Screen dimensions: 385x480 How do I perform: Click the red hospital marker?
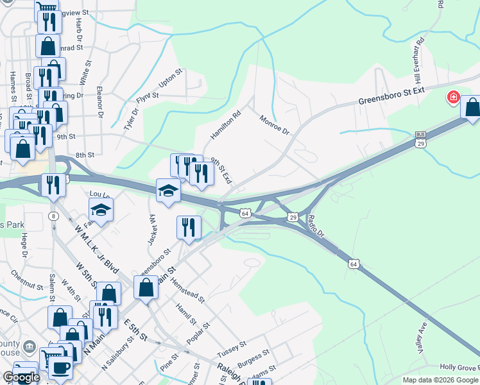tap(454, 98)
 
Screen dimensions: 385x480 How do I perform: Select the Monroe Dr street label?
tap(275, 124)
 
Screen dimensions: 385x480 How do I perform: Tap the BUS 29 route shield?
tap(421, 139)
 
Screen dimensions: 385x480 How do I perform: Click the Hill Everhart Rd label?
tap(420, 62)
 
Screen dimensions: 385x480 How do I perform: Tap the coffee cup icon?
tap(61, 368)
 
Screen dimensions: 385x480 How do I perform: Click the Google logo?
tap(21, 377)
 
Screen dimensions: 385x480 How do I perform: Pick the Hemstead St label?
tap(189, 287)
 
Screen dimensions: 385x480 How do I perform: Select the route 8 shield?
tap(51, 216)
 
